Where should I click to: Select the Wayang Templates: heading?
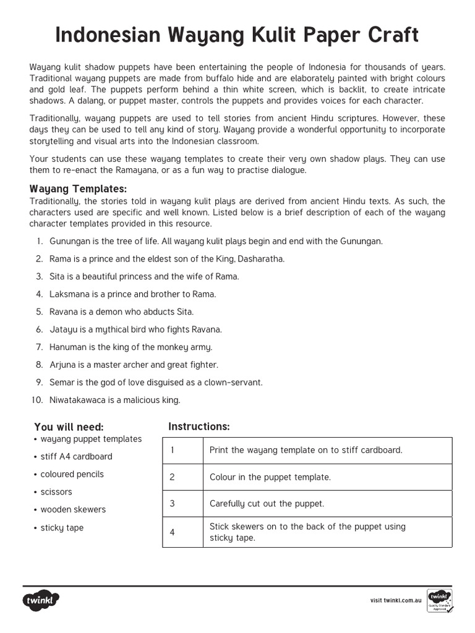point(78,189)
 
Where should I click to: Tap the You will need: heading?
point(69,427)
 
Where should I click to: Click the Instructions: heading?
point(199,427)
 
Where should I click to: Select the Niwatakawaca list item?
point(111,400)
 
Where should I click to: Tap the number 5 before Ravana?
point(38,312)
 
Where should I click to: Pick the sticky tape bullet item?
point(61,528)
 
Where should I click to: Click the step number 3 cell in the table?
point(173,504)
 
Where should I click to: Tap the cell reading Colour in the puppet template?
point(270,477)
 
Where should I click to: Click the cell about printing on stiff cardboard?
point(306,450)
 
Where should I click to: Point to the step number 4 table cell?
point(173,532)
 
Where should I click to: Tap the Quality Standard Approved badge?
point(439,600)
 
